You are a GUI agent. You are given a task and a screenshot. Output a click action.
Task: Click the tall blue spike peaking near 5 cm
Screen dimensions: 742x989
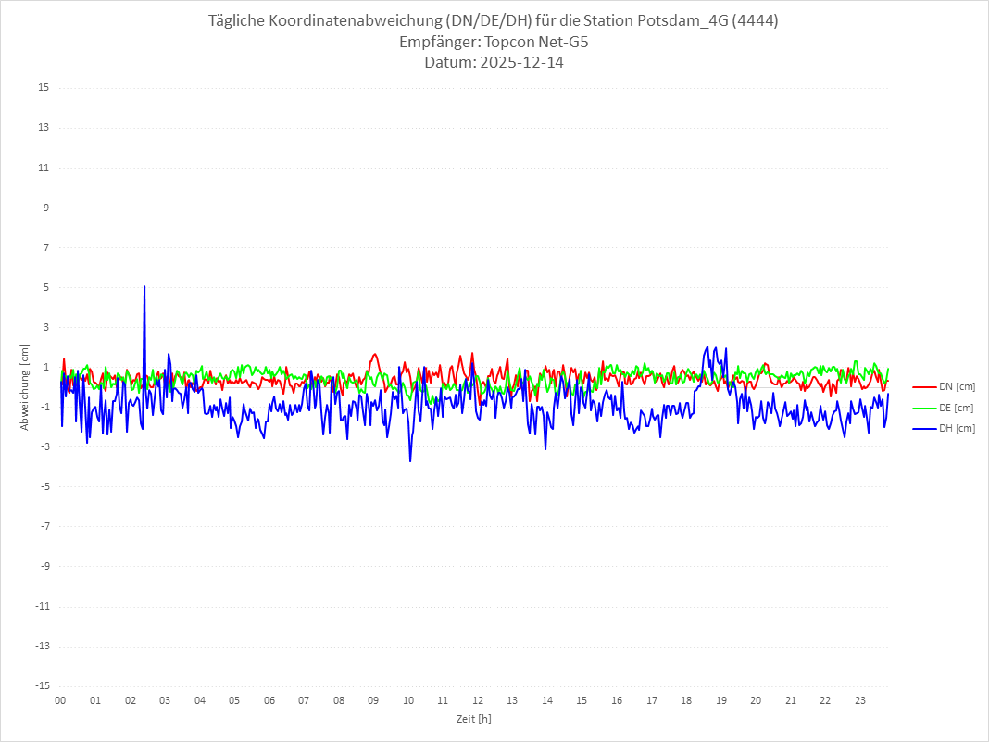[144, 288]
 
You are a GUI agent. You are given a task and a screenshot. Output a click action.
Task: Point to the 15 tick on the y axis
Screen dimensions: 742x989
[44, 88]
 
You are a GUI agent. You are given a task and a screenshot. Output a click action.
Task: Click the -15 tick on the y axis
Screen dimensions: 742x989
[42, 685]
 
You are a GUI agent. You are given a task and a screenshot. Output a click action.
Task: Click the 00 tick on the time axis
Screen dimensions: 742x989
[60, 700]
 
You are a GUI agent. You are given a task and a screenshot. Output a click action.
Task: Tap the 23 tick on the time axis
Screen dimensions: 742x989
[860, 700]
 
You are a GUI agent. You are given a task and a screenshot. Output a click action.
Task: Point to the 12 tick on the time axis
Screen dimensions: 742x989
[478, 700]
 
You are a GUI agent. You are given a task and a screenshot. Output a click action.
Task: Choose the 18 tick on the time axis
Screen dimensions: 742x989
[686, 700]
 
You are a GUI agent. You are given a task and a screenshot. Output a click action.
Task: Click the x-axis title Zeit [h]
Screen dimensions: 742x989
[474, 719]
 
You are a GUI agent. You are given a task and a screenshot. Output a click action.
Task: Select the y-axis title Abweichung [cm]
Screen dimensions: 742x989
[25, 387]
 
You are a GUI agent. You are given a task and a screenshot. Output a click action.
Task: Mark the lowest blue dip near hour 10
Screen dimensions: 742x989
[410, 460]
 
